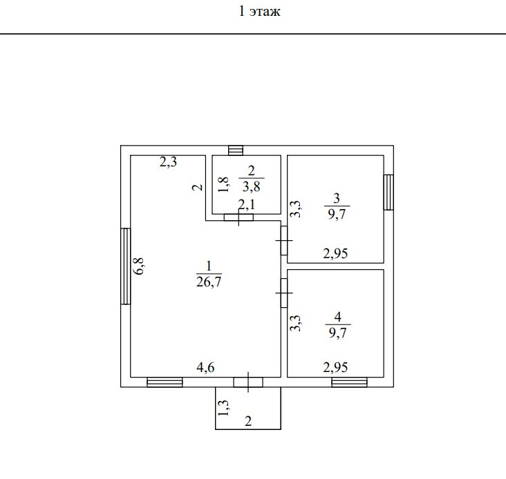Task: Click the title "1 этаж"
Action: coord(259,12)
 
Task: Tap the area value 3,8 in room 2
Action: coord(251,185)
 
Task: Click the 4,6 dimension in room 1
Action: coord(205,368)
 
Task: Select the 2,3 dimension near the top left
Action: coord(169,163)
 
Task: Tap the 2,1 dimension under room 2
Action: coord(247,204)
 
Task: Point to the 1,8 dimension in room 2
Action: coord(223,184)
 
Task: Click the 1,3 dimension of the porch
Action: coord(223,409)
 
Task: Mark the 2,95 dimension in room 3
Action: coord(335,253)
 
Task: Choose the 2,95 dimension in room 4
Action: coord(335,368)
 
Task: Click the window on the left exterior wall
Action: coord(125,266)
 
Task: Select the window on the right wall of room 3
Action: coord(388,192)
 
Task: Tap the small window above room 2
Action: coord(236,150)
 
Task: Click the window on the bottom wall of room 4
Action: coord(349,382)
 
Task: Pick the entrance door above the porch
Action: coord(247,382)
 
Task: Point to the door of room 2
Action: coord(239,217)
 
